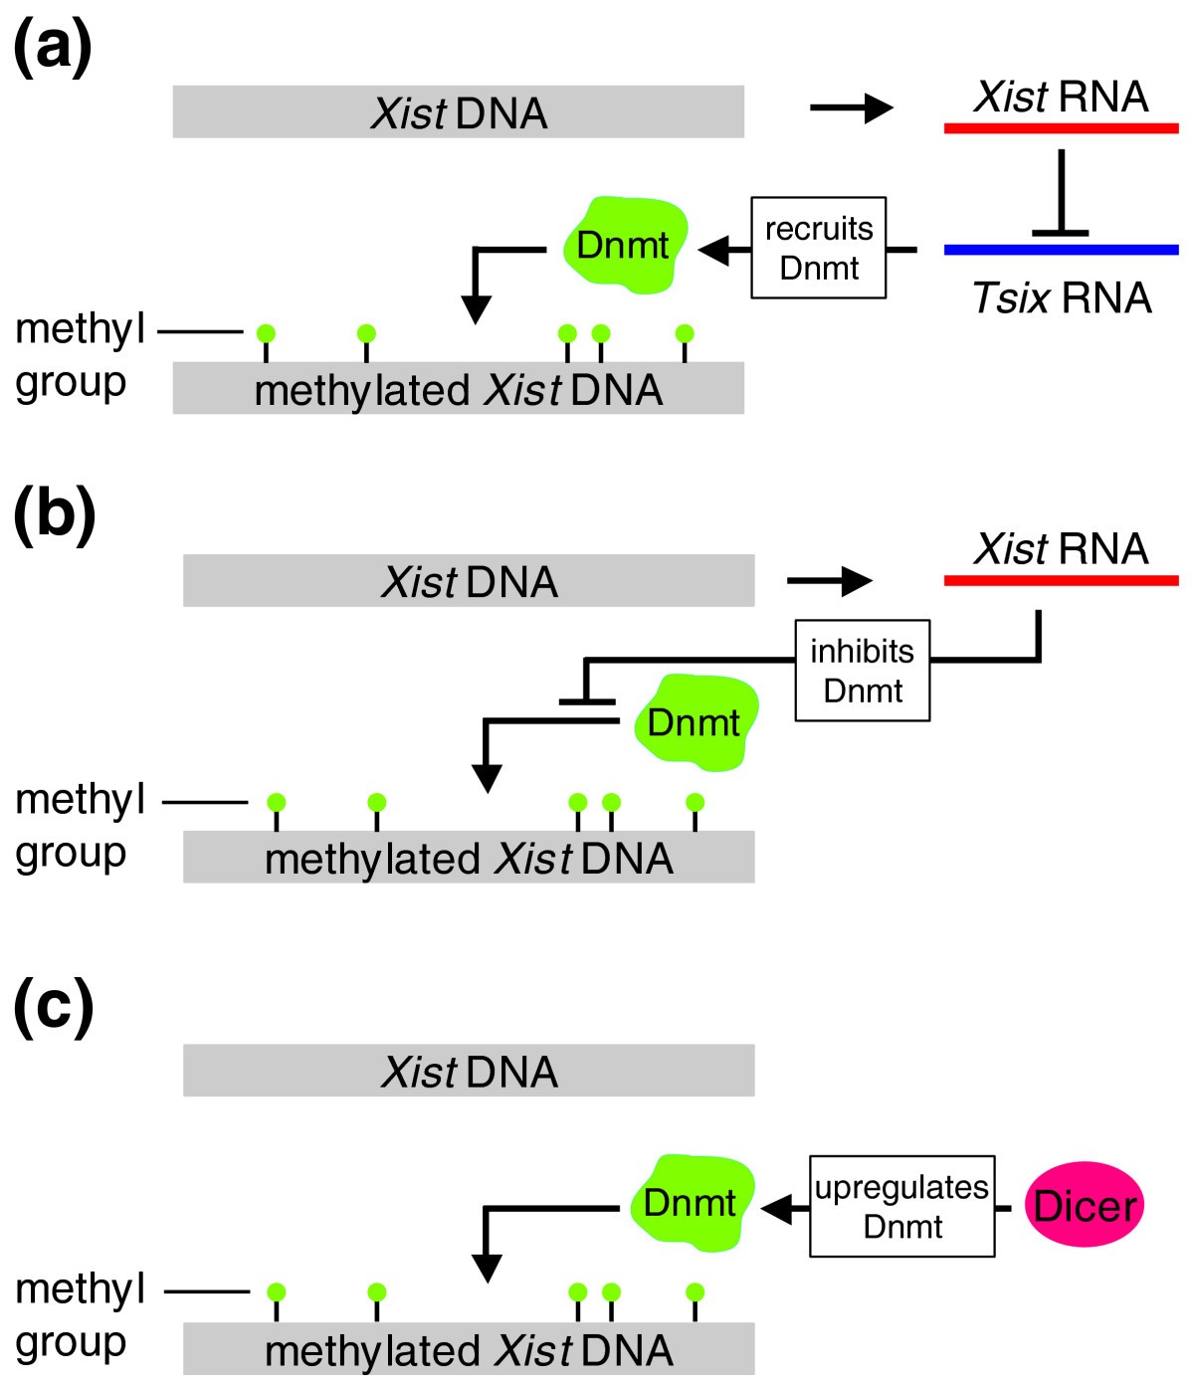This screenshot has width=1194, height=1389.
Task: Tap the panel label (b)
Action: (x=55, y=516)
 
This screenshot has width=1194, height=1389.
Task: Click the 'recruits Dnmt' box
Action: (x=819, y=248)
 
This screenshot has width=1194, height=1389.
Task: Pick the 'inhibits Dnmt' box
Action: (x=863, y=671)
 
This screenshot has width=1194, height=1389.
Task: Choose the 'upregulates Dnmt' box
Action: (x=901, y=1206)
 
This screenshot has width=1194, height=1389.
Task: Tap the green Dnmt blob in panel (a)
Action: (x=625, y=245)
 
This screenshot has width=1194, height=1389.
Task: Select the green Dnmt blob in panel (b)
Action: (x=696, y=723)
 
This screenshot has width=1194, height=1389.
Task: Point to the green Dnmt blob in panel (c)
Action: (x=693, y=1204)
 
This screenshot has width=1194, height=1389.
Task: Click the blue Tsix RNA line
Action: (x=1061, y=250)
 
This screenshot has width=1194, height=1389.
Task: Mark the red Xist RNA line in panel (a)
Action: (x=1061, y=128)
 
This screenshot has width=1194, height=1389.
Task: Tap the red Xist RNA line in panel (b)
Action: (x=1061, y=581)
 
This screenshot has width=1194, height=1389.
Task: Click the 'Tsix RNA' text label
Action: (x=1062, y=298)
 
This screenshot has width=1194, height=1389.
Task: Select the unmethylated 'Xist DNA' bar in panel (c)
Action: (x=469, y=1071)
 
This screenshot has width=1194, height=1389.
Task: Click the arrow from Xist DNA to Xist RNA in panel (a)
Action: (x=852, y=107)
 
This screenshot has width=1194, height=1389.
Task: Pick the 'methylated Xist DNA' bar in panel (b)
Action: (x=469, y=857)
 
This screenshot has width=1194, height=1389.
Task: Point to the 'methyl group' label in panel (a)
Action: (x=80, y=356)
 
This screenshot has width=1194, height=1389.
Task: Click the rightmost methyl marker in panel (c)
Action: (x=695, y=1303)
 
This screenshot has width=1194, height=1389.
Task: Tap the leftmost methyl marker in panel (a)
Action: (x=266, y=342)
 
